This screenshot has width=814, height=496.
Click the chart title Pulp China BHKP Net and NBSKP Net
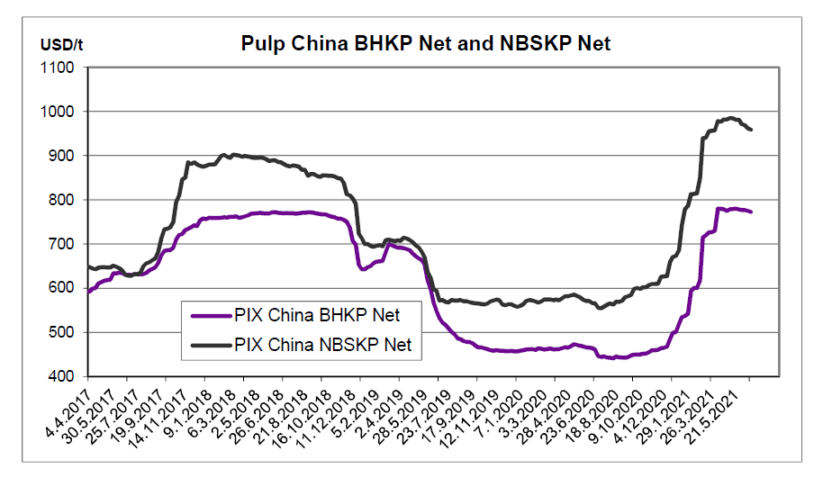point(426,43)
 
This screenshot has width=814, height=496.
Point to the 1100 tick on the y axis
point(62,68)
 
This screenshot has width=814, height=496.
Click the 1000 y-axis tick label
point(62,112)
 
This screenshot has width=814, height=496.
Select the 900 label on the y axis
point(66,156)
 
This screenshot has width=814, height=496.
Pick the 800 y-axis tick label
point(66,200)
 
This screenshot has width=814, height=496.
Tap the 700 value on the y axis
point(66,244)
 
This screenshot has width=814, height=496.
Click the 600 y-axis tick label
point(66,288)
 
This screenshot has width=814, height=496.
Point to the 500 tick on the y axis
point(66,332)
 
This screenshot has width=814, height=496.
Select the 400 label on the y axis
point(66,376)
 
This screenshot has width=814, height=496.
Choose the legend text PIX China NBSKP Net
point(328,343)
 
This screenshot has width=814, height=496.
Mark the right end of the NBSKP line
point(751,130)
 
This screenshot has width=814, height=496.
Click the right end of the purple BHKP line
point(751,212)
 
